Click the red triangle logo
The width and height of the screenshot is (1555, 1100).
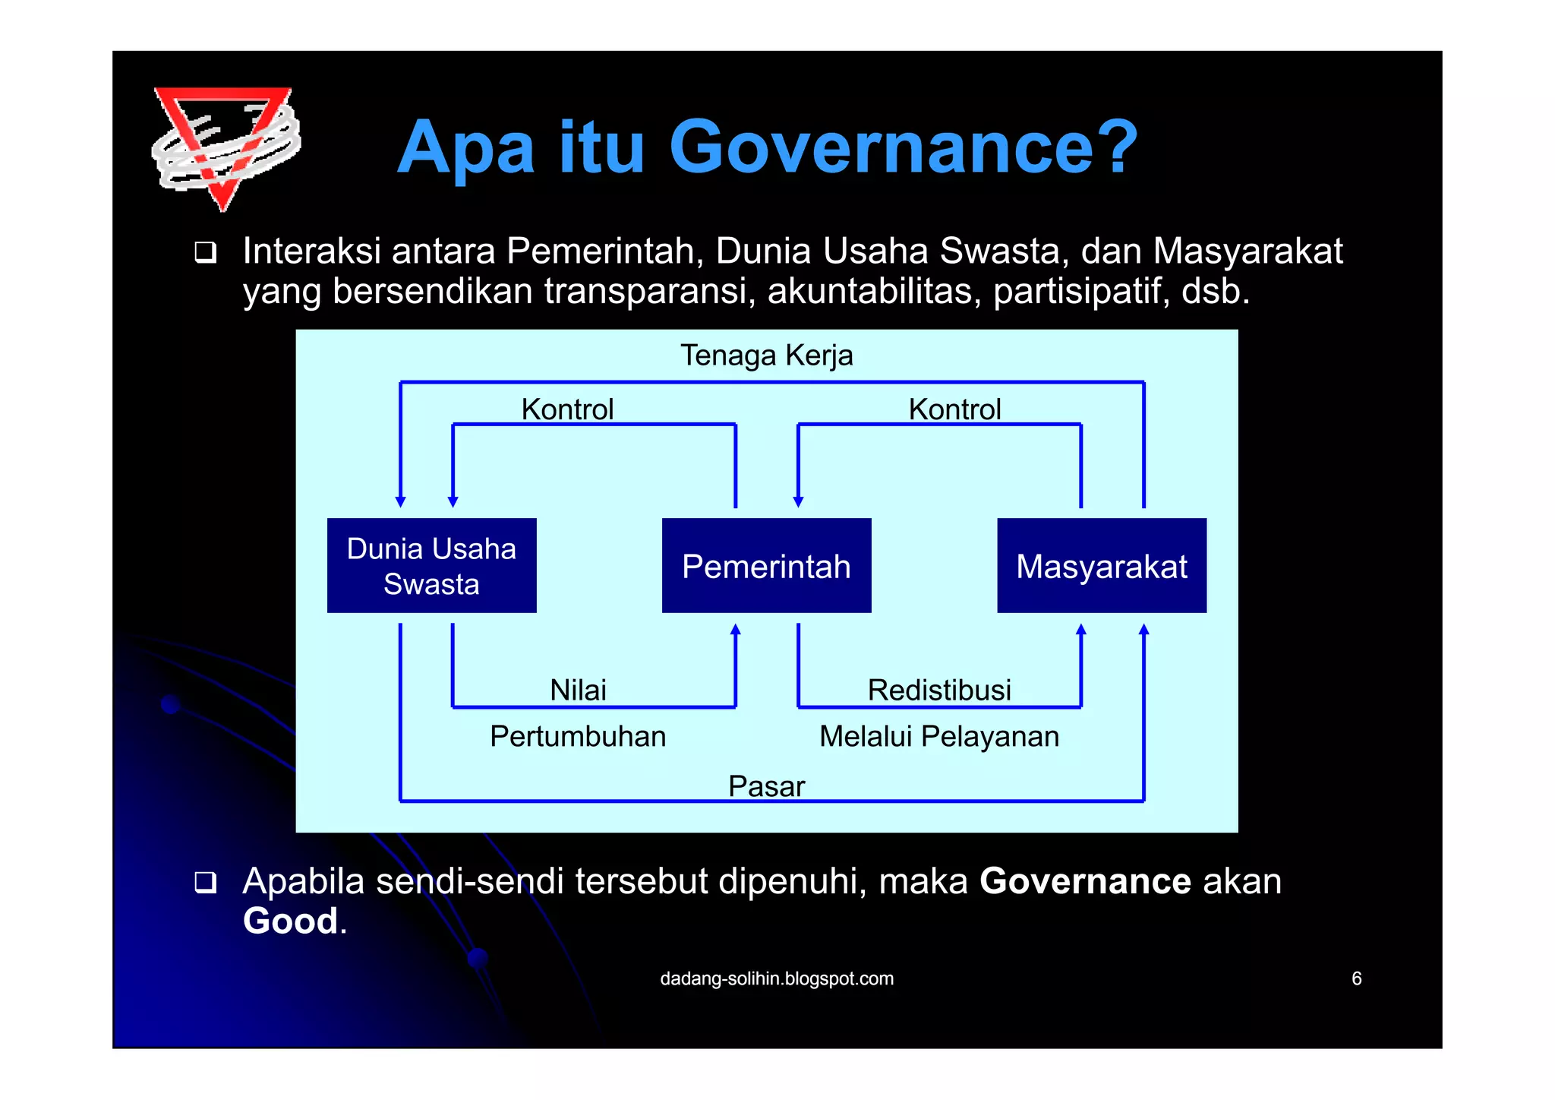(226, 144)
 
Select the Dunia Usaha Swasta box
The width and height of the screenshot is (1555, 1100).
(431, 566)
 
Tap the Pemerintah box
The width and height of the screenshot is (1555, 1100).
(766, 566)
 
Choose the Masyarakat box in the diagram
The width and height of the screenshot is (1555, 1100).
(1101, 566)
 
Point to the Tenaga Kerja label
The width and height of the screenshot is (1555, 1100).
(766, 356)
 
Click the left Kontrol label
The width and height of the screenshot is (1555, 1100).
(567, 409)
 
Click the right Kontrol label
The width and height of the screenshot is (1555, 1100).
(954, 409)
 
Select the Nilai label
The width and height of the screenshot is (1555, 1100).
(578, 690)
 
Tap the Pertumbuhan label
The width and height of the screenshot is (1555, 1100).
(578, 736)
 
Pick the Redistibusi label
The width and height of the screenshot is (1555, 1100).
(939, 690)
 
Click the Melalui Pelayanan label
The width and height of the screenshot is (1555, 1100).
(939, 736)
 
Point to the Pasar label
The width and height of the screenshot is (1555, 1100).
(766, 786)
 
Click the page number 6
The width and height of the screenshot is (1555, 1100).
(1356, 978)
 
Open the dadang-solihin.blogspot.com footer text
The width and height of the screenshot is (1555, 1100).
(777, 978)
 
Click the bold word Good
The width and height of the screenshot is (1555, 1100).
(290, 921)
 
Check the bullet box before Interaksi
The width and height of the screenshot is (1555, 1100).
(205, 252)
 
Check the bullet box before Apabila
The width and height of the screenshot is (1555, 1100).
(205, 882)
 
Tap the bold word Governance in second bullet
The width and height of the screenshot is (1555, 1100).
(1085, 881)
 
